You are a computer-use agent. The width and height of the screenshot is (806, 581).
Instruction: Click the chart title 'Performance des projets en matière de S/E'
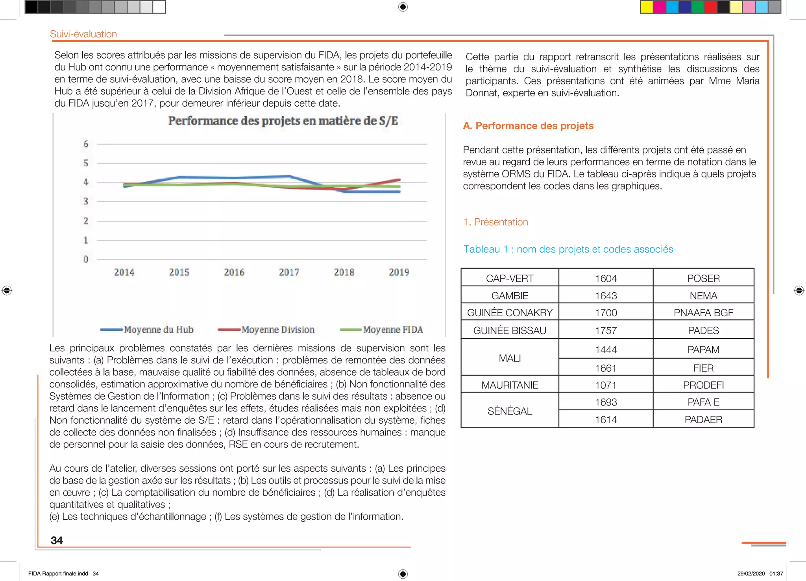click(283, 121)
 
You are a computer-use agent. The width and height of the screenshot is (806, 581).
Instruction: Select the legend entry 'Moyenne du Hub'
click(158, 330)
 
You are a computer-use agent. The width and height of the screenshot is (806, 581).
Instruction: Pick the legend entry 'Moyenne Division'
click(278, 330)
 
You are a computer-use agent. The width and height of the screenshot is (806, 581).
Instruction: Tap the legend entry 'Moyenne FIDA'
click(393, 330)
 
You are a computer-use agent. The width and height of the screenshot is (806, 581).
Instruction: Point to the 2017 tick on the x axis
click(289, 272)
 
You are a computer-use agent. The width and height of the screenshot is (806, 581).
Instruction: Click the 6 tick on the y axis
click(86, 144)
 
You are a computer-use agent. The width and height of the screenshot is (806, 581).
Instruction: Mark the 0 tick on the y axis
click(86, 259)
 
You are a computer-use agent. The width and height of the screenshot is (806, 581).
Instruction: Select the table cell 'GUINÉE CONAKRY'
click(510, 313)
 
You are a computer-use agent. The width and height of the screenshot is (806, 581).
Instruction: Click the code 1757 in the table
click(606, 330)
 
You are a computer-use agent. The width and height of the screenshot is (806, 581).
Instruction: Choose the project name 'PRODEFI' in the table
click(703, 385)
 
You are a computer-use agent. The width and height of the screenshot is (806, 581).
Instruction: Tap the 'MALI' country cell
click(510, 358)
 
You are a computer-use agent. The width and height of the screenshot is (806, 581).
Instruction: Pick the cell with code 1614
click(606, 420)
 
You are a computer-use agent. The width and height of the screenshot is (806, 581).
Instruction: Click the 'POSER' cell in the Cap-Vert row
click(703, 279)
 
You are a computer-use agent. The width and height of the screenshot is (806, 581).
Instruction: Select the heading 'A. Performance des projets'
click(528, 126)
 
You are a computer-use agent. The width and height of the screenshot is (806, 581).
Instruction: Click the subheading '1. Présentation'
click(495, 222)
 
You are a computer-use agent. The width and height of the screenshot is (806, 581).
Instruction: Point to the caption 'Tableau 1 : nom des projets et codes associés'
click(568, 249)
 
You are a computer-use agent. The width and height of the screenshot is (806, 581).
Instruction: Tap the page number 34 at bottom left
click(57, 540)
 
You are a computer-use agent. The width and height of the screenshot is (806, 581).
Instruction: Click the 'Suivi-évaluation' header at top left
click(83, 34)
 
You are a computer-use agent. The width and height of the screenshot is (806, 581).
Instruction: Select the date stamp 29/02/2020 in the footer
click(751, 574)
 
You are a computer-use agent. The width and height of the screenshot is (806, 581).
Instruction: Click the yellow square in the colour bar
click(646, 7)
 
